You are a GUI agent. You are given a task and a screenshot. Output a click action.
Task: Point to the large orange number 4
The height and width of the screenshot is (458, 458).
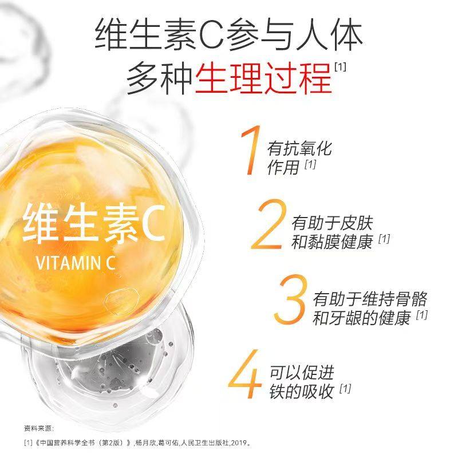pyautogui.click(x=247, y=378)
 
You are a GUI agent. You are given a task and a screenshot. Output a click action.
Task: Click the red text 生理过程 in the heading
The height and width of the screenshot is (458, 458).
pyautogui.click(x=263, y=77)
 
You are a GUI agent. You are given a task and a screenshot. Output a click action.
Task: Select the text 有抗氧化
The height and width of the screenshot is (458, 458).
pyautogui.click(x=300, y=149)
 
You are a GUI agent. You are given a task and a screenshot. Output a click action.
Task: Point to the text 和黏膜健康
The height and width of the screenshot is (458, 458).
pyautogui.click(x=331, y=242)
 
